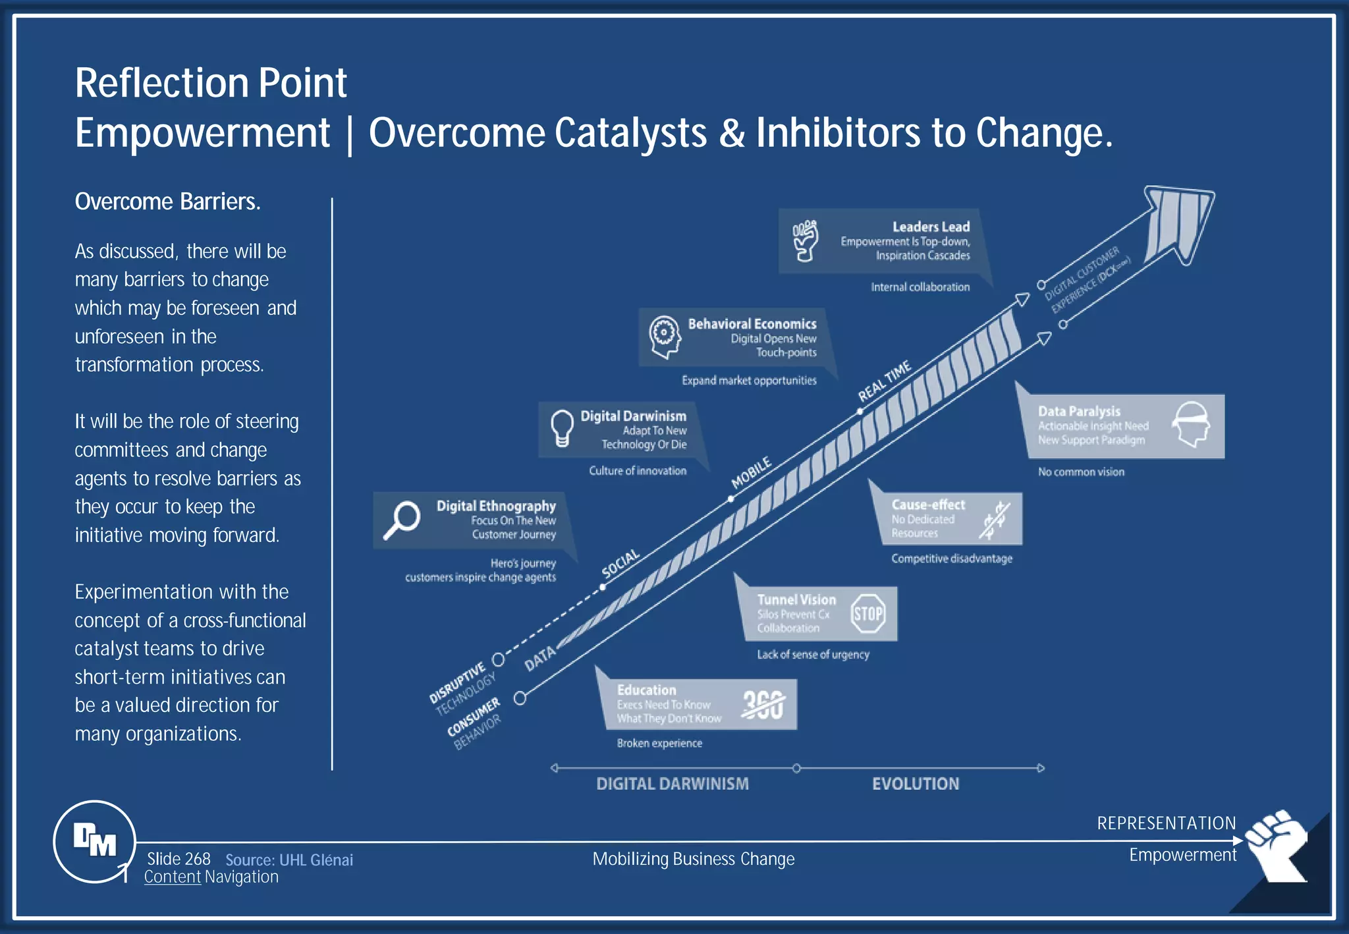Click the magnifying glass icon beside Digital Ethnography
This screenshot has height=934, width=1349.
tap(401, 520)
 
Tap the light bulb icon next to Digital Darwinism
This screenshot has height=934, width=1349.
tap(562, 428)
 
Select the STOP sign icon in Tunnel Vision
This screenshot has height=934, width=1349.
tap(867, 614)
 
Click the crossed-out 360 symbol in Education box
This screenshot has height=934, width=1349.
tap(763, 705)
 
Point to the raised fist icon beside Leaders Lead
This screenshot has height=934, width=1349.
tap(805, 240)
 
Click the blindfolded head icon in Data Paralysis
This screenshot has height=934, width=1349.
tap(1192, 424)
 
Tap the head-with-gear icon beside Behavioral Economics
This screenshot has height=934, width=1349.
tap(664, 336)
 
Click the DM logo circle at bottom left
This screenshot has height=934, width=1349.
tap(94, 841)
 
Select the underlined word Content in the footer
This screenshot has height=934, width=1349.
tap(172, 877)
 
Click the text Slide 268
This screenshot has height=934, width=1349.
tap(179, 859)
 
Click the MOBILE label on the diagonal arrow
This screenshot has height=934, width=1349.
tap(751, 472)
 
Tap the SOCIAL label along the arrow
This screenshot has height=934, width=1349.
tap(620, 563)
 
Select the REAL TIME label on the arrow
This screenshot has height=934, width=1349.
tap(884, 381)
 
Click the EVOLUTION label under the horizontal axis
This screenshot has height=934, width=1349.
tap(915, 784)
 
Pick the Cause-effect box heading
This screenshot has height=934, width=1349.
tap(927, 505)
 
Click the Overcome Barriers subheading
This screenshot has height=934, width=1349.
tap(167, 202)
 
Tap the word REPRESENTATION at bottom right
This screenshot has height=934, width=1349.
tap(1166, 823)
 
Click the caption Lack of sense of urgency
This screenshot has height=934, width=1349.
tap(812, 654)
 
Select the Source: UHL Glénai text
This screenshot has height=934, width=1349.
tap(289, 860)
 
